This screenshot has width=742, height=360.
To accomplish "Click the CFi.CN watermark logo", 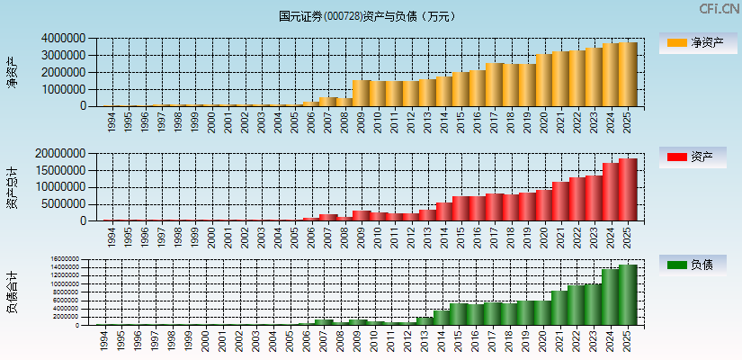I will pyautogui.click(x=720, y=9).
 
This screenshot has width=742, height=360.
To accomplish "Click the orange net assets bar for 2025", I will pyautogui.click(x=628, y=75).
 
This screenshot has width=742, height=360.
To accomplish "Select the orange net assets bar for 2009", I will pyautogui.click(x=362, y=94).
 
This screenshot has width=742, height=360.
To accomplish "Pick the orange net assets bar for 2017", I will pyautogui.click(x=495, y=85).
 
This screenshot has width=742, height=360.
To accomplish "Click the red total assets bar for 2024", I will pyautogui.click(x=612, y=192).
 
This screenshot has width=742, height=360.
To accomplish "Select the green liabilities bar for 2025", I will pyautogui.click(x=628, y=294).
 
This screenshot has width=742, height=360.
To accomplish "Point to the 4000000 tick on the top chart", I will pyautogui.click(x=63, y=39).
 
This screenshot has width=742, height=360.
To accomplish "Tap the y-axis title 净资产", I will pyautogui.click(x=12, y=72).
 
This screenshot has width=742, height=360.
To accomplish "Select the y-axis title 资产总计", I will pyautogui.click(x=12, y=187).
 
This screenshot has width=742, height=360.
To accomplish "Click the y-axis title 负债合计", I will pyautogui.click(x=12, y=292).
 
